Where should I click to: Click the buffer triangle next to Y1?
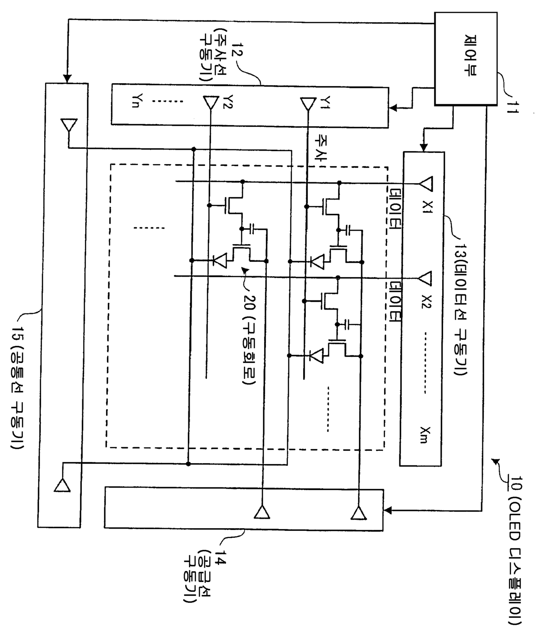[308, 104]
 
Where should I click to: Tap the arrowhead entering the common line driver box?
[67, 79]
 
